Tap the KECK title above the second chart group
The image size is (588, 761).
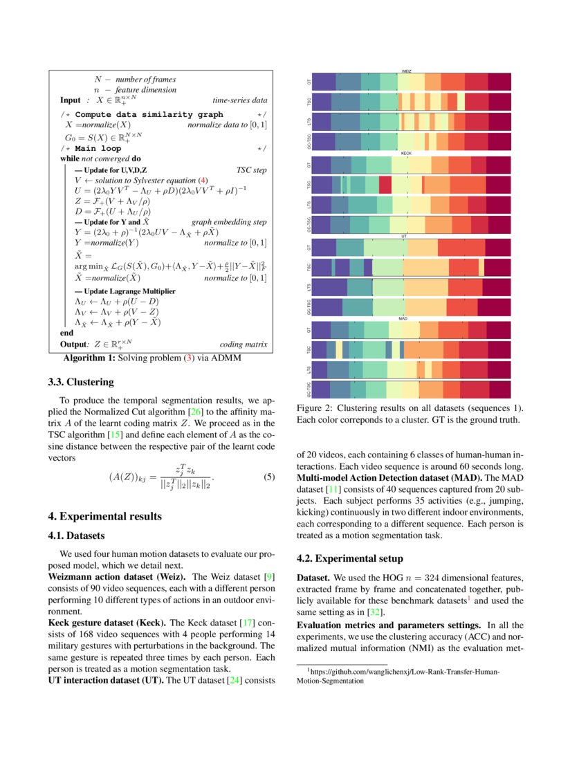pos(406,154)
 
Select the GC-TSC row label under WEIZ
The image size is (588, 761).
pos(309,141)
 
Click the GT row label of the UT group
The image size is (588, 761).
pos(309,247)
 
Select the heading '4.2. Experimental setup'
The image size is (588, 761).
pos(350,558)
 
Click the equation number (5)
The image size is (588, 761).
pos(270,477)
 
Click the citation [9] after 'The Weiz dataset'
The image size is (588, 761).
pos(270,576)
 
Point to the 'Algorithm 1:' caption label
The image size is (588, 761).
pos(89,358)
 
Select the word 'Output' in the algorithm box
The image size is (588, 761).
pos(73,344)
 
